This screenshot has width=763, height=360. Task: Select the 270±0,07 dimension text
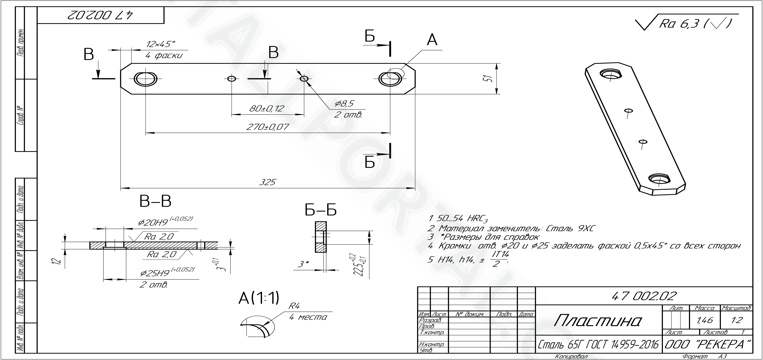268,127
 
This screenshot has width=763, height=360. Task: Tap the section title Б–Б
321,210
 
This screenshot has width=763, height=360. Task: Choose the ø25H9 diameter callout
167,273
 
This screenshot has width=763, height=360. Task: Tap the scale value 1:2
736,320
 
